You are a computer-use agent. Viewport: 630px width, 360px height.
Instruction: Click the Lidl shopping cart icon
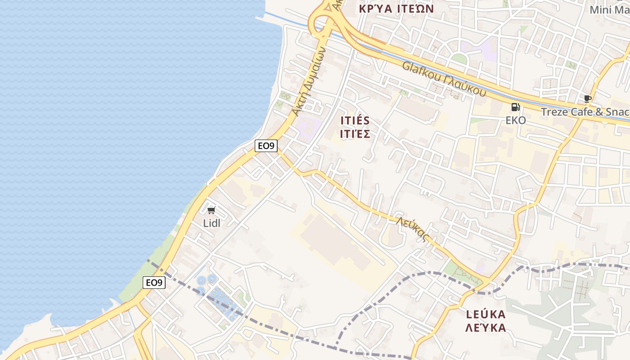pyautogui.click(x=211, y=210)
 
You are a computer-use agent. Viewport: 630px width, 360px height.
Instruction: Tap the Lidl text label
pyautogui.click(x=211, y=223)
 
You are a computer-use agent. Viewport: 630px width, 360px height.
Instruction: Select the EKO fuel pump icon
pyautogui.click(x=516, y=107)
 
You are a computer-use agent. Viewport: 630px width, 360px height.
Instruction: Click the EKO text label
pyautogui.click(x=516, y=120)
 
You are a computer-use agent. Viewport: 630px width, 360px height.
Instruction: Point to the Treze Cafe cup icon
pyautogui.click(x=587, y=99)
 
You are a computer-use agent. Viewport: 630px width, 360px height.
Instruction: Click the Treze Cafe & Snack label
pyautogui.click(x=585, y=112)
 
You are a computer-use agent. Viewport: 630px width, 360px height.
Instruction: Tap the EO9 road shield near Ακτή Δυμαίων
pyautogui.click(x=266, y=146)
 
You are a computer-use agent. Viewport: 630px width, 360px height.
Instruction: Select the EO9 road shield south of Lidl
pyautogui.click(x=154, y=283)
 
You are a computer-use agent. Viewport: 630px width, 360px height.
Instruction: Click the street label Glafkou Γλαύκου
pyautogui.click(x=444, y=79)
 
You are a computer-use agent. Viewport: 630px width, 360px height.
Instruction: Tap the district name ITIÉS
pyautogui.click(x=355, y=121)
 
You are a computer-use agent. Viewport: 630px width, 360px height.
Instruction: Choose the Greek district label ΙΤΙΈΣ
pyautogui.click(x=355, y=134)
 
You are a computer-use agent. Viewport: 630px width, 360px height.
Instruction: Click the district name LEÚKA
pyautogui.click(x=486, y=314)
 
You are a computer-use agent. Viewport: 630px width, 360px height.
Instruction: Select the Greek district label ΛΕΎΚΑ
pyautogui.click(x=486, y=328)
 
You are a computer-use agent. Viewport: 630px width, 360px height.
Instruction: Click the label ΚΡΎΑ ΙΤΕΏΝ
pyautogui.click(x=396, y=9)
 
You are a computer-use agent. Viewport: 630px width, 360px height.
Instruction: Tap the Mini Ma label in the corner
pyautogui.click(x=609, y=9)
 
